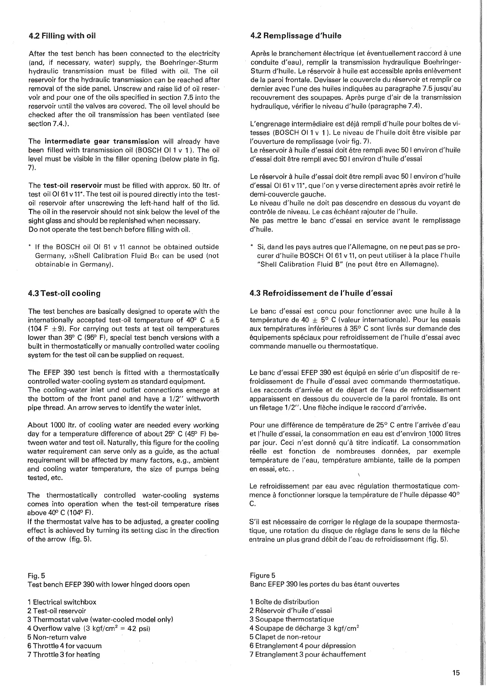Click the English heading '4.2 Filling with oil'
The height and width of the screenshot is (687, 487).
(62, 36)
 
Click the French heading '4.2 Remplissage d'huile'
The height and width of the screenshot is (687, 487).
(296, 36)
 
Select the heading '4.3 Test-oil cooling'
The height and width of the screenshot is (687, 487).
(64, 294)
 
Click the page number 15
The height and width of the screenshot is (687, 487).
(456, 673)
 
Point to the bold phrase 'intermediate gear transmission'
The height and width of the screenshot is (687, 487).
(102, 142)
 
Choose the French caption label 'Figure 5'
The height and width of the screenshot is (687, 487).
(262, 576)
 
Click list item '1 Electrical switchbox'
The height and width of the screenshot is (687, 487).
(62, 602)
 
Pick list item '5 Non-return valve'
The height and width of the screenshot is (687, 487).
(57, 637)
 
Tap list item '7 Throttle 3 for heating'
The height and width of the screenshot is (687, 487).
(64, 654)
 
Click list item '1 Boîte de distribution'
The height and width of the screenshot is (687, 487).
(284, 602)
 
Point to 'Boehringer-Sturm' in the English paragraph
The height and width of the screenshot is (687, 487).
(193, 62)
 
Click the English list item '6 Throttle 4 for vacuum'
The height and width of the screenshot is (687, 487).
(64, 646)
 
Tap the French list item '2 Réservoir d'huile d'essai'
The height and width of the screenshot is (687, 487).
(291, 611)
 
